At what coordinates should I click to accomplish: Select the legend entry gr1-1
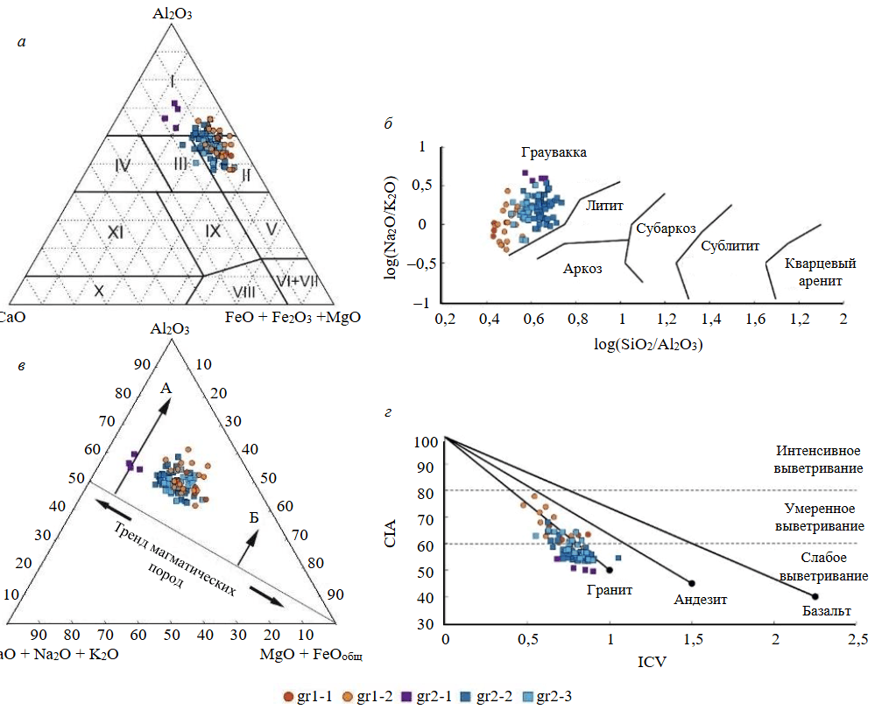point(307,697)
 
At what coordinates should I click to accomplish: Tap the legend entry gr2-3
point(549,697)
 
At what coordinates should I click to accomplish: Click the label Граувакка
point(554,152)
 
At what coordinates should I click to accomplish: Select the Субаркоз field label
point(667,228)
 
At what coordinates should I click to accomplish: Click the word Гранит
point(610,590)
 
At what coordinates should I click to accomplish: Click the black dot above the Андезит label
point(692,583)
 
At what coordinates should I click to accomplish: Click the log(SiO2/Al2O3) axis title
point(647,344)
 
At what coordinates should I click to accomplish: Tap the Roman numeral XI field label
point(118,232)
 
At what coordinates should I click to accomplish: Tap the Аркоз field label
point(582,269)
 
